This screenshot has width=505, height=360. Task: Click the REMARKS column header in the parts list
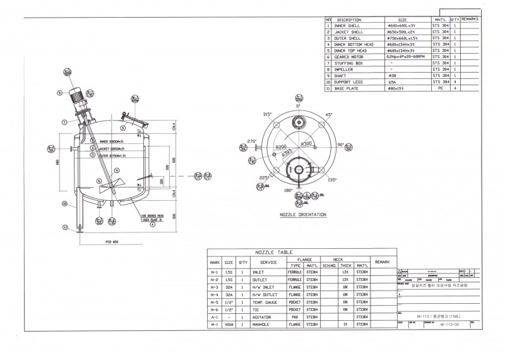(x=470, y=20)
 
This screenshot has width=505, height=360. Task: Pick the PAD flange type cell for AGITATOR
(x=295, y=317)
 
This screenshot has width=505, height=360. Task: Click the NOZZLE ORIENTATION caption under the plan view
(x=303, y=215)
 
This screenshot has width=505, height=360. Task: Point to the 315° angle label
(x=267, y=114)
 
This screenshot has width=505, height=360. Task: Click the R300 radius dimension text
(x=307, y=144)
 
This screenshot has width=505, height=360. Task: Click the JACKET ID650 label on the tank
(x=112, y=148)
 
